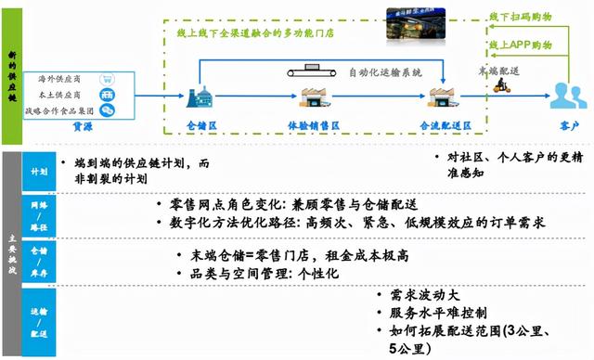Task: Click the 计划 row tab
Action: click(39, 172)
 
